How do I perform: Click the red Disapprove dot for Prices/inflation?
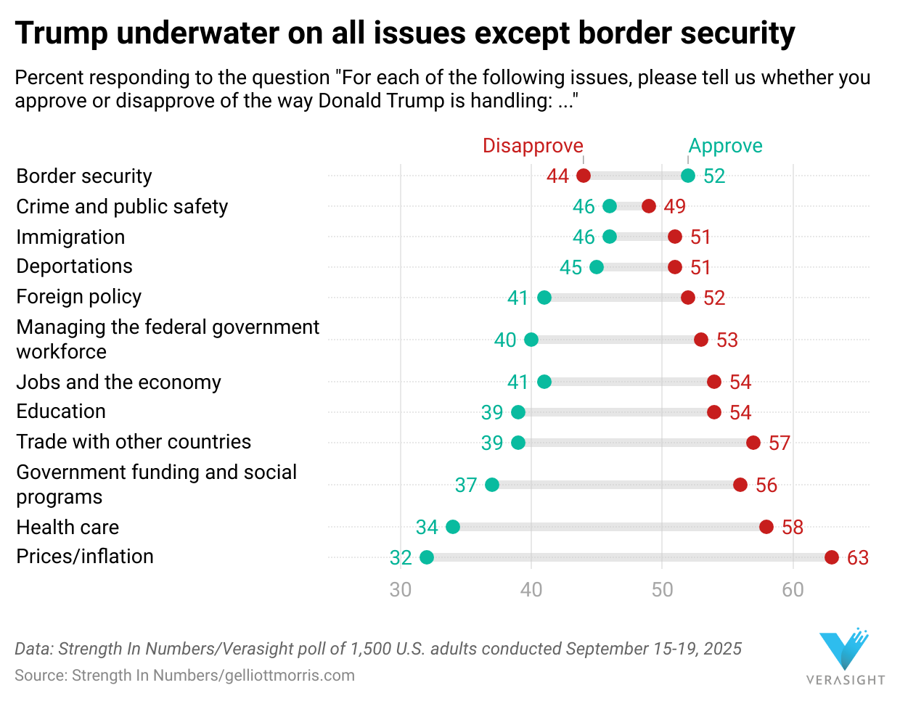click(832, 557)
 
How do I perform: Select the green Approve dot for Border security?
click(688, 176)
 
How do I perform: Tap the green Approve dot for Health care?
click(453, 527)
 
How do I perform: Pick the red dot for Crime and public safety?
click(649, 206)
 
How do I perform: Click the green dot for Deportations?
click(597, 267)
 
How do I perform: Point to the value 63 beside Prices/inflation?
click(858, 557)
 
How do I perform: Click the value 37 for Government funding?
click(466, 485)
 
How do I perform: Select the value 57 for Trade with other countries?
click(780, 443)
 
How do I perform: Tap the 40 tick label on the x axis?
click(531, 589)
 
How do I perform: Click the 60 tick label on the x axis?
click(793, 589)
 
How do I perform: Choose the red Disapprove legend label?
click(533, 146)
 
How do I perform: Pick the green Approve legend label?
click(725, 146)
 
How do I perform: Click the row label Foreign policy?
click(79, 297)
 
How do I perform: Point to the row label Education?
click(61, 411)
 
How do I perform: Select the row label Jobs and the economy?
click(118, 382)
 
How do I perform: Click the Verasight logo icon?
click(844, 649)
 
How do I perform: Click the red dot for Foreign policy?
click(688, 298)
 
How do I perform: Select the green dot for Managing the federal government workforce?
click(531, 340)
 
